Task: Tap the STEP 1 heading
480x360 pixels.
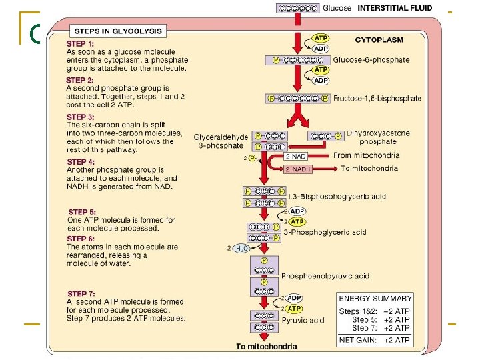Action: pyautogui.click(x=81, y=44)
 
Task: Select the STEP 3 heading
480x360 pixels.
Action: pyautogui.click(x=81, y=117)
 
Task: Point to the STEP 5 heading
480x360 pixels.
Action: pyautogui.click(x=81, y=212)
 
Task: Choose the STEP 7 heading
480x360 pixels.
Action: pyautogui.click(x=81, y=293)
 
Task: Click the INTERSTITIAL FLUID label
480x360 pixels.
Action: pyautogui.click(x=395, y=9)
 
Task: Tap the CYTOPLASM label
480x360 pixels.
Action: pyautogui.click(x=379, y=40)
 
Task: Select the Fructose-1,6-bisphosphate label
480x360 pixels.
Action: pyautogui.click(x=377, y=99)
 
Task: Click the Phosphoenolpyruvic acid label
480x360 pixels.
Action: pyautogui.click(x=325, y=276)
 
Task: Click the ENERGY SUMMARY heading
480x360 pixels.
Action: pyautogui.click(x=375, y=298)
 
